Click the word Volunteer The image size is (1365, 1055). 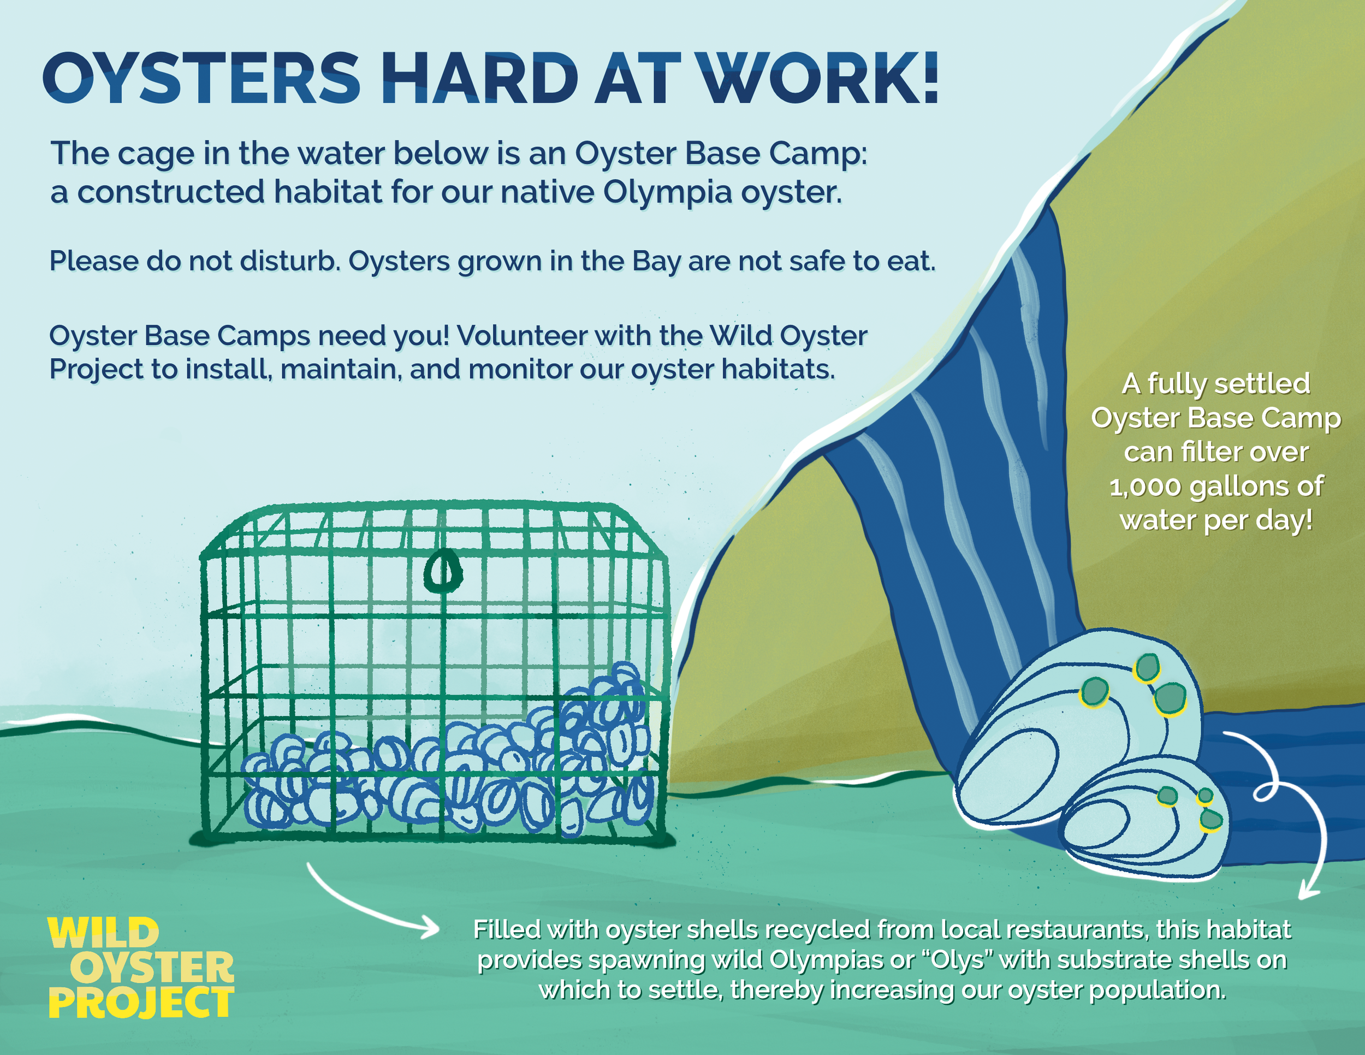pos(522,336)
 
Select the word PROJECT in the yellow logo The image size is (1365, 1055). pos(141,1003)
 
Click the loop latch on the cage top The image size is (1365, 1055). pos(442,570)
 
